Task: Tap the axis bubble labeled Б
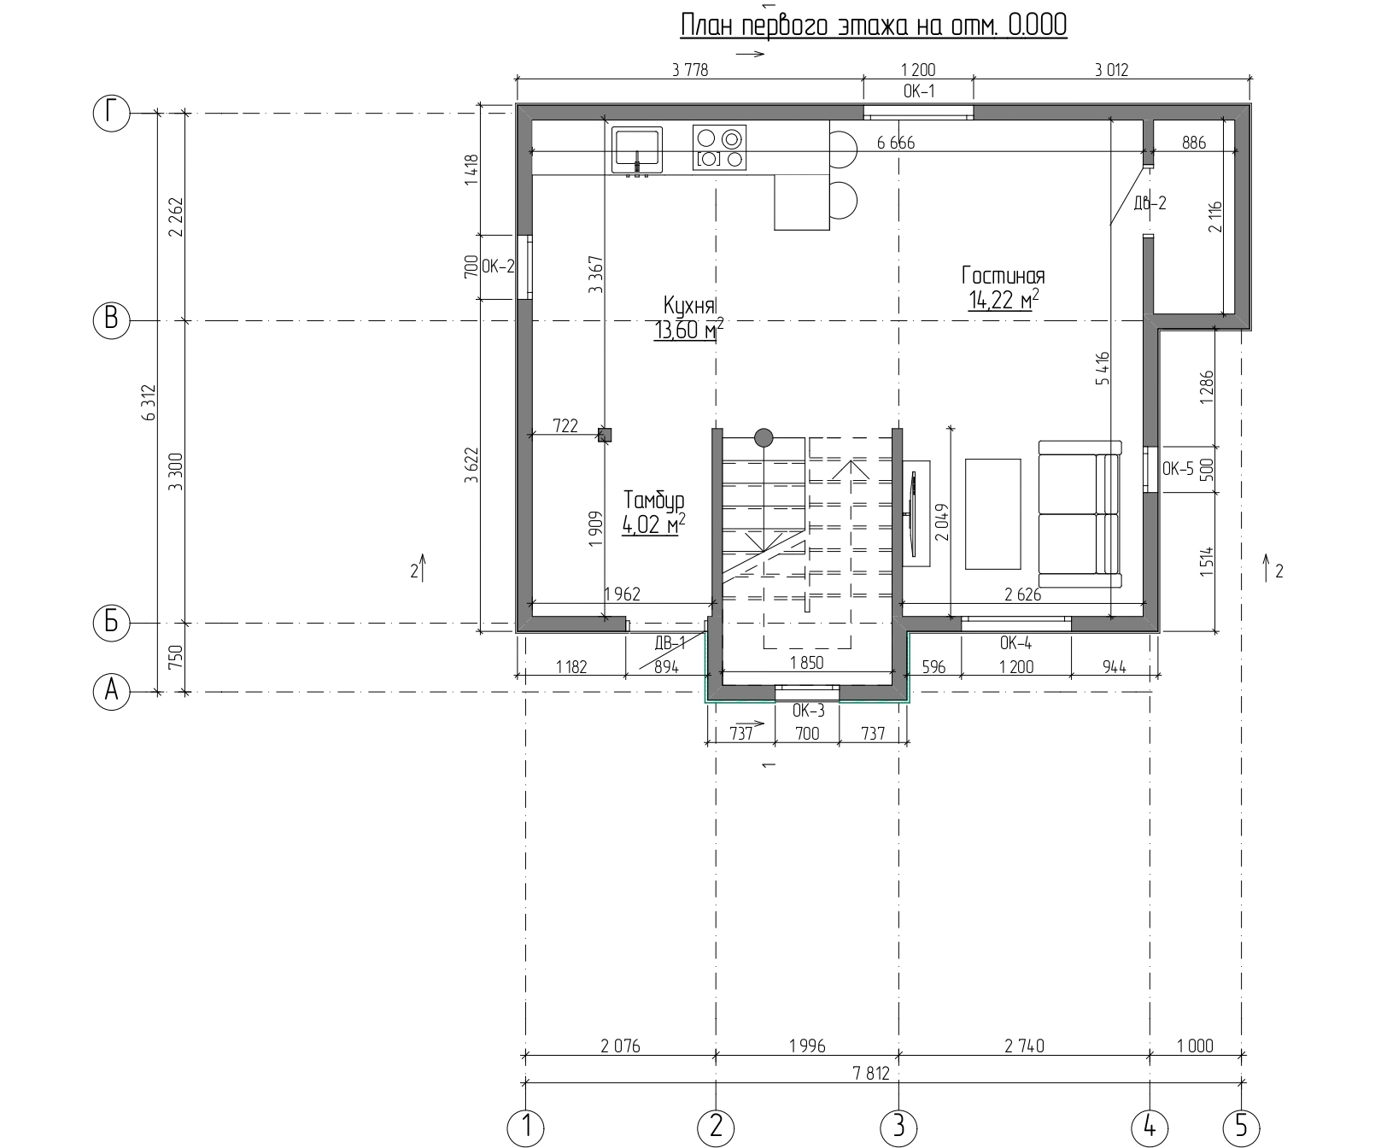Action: click(x=111, y=623)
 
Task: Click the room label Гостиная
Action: click(x=1004, y=275)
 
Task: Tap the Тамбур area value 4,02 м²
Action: click(x=654, y=524)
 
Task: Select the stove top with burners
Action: click(x=719, y=147)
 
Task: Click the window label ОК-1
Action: click(x=918, y=91)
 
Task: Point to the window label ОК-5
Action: click(x=1179, y=468)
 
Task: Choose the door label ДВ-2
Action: click(x=1150, y=203)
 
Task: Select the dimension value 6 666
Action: click(x=896, y=143)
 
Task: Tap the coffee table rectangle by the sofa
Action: click(x=993, y=513)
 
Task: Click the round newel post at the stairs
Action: click(x=764, y=438)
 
